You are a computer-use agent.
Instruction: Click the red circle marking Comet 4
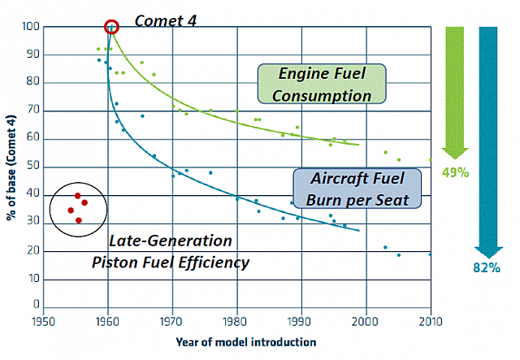pyautogui.click(x=112, y=27)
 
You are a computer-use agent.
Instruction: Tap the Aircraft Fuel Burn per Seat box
pyautogui.click(x=354, y=189)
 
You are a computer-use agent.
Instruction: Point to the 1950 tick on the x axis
pyautogui.click(x=42, y=321)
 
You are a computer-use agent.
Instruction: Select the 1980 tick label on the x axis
pyautogui.click(x=236, y=321)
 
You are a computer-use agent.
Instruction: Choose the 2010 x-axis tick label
pyautogui.click(x=430, y=321)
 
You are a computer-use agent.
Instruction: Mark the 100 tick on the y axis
pyautogui.click(x=31, y=27)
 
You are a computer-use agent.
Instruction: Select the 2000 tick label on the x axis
pyautogui.click(x=366, y=321)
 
